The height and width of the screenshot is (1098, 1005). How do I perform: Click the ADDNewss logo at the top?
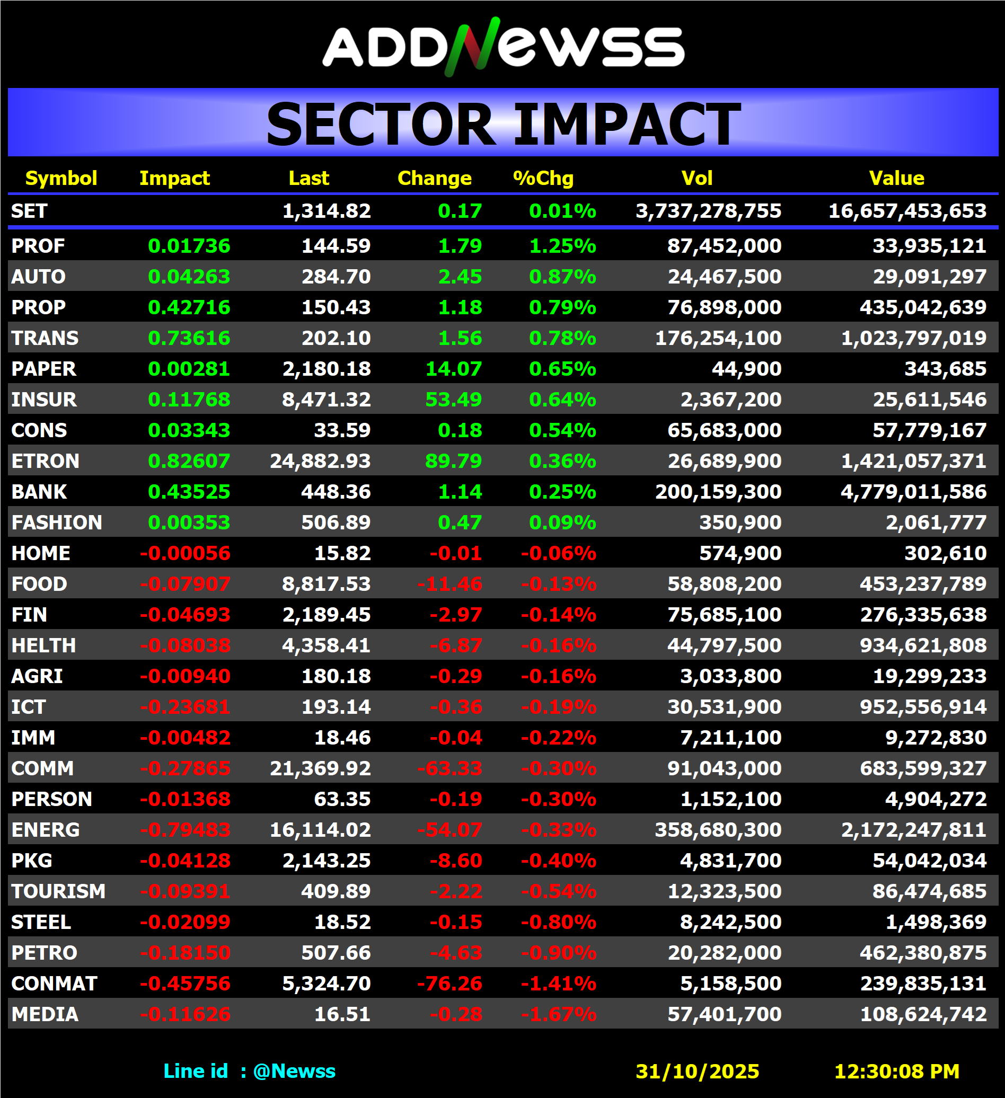(504, 47)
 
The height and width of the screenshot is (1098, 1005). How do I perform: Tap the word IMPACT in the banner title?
(627, 125)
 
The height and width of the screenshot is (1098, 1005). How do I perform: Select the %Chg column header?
(543, 178)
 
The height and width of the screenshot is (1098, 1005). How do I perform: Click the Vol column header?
(697, 178)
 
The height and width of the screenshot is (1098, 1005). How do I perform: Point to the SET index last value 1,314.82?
(327, 211)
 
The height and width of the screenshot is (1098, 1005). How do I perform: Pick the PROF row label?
(38, 246)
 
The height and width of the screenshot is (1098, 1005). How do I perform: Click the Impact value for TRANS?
(189, 338)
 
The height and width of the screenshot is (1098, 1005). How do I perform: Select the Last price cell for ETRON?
(320, 462)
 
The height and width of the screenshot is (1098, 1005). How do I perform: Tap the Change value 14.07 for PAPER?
(453, 369)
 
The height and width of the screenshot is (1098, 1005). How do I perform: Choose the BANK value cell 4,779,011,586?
(913, 492)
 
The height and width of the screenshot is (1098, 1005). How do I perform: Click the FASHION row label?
(57, 523)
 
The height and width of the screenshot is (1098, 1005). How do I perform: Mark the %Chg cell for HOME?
(558, 553)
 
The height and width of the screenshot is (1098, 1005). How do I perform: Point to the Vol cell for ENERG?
(718, 830)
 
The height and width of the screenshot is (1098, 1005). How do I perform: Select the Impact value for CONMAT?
(185, 984)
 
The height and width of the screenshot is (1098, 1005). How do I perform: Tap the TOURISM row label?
(58, 891)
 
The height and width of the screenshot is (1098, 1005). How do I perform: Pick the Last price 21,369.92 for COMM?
(320, 768)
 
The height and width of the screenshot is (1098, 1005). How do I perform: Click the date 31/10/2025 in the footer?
(697, 1072)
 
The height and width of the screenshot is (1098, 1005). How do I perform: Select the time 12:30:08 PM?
(896, 1072)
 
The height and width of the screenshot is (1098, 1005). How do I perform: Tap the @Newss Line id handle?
(294, 1072)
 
